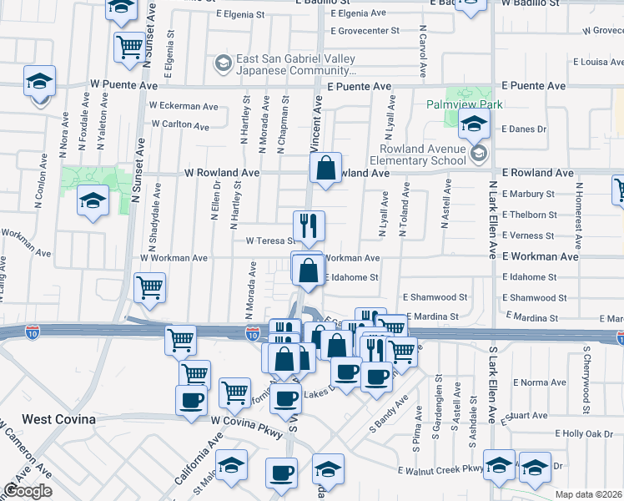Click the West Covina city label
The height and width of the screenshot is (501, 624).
click(58, 419)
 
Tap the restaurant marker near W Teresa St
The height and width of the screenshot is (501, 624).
click(309, 225)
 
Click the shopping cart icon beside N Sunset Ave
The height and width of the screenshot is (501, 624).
click(129, 47)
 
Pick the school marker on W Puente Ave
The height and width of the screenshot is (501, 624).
click(38, 82)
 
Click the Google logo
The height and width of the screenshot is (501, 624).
click(28, 491)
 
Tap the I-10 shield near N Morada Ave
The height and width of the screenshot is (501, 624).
click(253, 334)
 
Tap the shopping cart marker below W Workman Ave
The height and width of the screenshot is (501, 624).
click(149, 288)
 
